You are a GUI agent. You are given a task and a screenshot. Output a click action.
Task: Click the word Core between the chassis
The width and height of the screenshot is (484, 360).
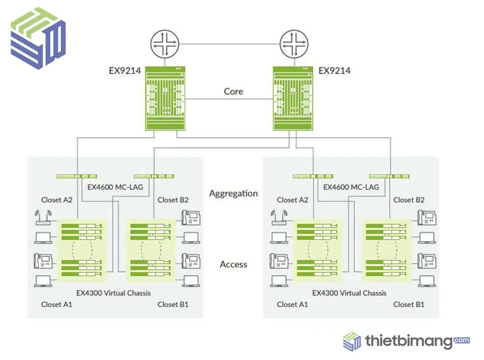point(233,91)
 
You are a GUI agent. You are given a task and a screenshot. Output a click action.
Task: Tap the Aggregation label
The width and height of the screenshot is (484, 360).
point(233,194)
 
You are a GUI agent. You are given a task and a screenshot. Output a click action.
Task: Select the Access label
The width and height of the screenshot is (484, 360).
point(233,264)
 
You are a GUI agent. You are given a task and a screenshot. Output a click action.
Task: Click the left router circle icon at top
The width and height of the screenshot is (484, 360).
point(165,44)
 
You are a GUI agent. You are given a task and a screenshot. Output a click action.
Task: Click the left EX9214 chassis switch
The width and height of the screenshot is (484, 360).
point(165,99)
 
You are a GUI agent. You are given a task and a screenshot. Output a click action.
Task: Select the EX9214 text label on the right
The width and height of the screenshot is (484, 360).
point(334,71)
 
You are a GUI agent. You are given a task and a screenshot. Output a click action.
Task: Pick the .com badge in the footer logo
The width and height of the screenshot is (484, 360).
point(462,340)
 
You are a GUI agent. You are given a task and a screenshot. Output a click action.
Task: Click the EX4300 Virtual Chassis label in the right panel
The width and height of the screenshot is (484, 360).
point(349,293)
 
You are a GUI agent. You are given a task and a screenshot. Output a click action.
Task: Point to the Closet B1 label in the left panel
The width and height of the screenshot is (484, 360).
point(173,304)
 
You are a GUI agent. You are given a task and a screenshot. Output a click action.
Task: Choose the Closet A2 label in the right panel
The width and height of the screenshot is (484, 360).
point(292,200)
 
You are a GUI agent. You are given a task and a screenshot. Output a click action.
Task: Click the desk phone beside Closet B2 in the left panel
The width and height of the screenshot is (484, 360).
point(191,218)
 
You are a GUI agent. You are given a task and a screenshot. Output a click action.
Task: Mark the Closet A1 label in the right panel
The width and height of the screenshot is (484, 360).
point(292,304)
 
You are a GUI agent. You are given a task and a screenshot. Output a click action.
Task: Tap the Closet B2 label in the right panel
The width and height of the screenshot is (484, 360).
point(409,200)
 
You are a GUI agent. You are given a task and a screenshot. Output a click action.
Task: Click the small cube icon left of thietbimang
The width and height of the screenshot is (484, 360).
point(352,341)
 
